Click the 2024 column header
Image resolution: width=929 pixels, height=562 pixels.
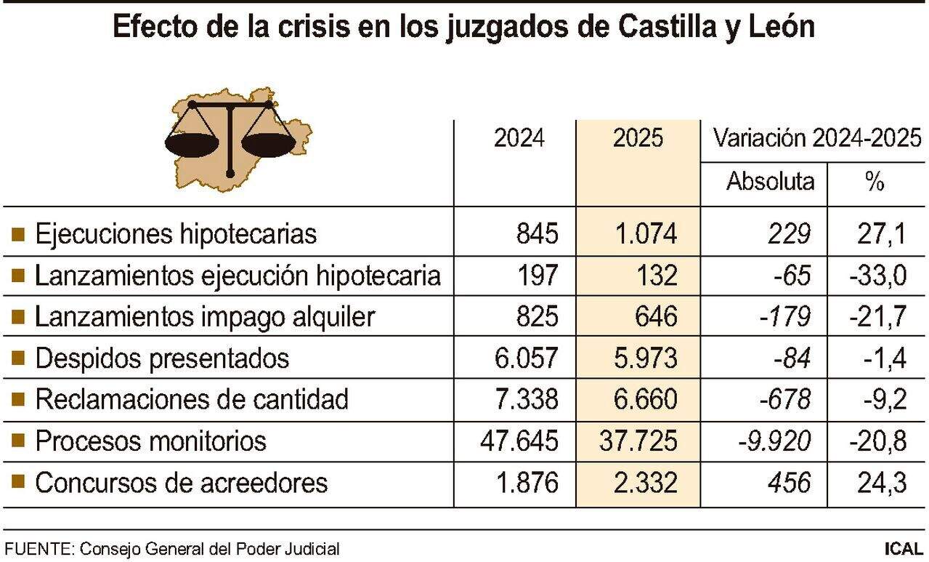pos(519,138)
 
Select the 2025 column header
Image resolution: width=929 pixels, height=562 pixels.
pos(638,138)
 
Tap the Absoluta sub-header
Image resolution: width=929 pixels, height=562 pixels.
pos(770,180)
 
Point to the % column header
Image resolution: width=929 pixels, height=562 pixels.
pos(875,181)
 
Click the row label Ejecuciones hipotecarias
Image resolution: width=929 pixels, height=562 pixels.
pos(176,234)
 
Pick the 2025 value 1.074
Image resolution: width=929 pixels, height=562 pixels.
pos(645,234)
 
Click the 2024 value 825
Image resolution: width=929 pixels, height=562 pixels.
pos(537,317)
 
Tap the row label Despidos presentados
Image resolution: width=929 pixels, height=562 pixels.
pos(162,358)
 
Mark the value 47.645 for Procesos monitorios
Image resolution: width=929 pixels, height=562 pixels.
pos(520,441)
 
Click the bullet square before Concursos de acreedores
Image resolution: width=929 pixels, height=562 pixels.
pos(19,482)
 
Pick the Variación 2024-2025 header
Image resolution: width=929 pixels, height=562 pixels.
pos(817,138)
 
